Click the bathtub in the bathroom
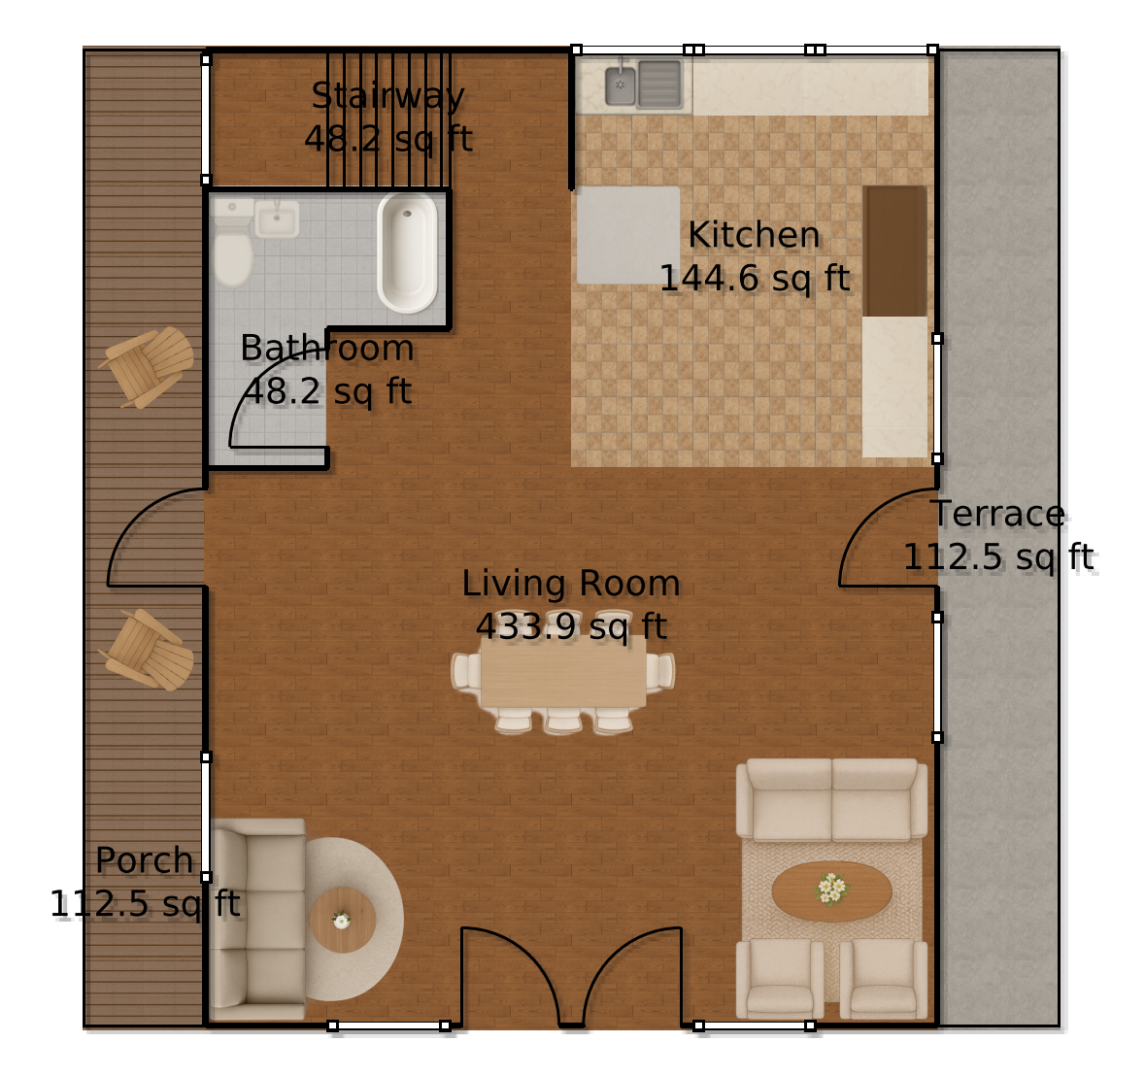(408, 252)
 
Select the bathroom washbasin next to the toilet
(277, 219)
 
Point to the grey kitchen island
(628, 235)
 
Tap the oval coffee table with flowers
(831, 891)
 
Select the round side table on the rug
(342, 920)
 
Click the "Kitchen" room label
(754, 235)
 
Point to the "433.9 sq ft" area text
(571, 627)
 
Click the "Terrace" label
(998, 514)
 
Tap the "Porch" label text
(145, 860)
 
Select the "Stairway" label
(387, 96)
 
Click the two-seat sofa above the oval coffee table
(831, 800)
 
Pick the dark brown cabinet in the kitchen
(894, 251)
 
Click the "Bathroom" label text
(326, 348)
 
